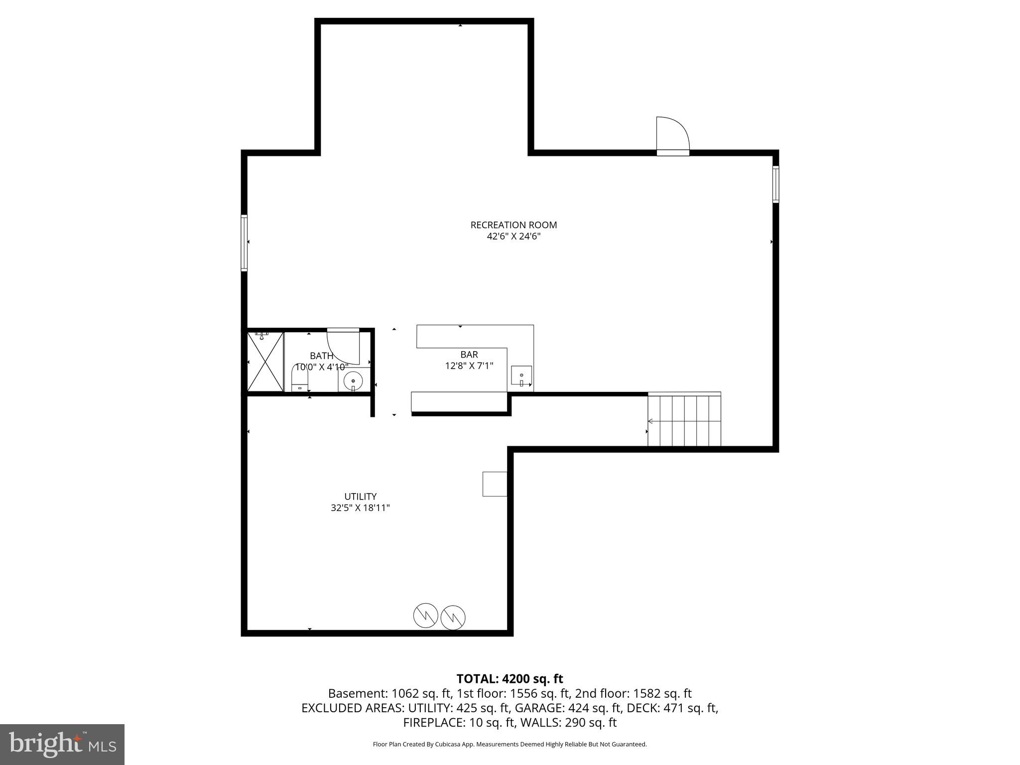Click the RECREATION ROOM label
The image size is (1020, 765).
pyautogui.click(x=513, y=225)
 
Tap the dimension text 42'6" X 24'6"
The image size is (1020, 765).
pyautogui.click(x=513, y=237)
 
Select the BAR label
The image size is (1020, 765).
pyautogui.click(x=469, y=355)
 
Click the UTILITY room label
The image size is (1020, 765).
pyautogui.click(x=360, y=497)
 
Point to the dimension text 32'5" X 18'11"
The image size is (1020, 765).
pyautogui.click(x=360, y=508)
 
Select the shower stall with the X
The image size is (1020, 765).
pyautogui.click(x=265, y=362)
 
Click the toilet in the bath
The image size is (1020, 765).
pyautogui.click(x=300, y=379)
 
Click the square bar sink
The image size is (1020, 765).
pyautogui.click(x=521, y=376)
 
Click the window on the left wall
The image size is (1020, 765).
pyautogui.click(x=244, y=243)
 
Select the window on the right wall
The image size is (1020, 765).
pyautogui.click(x=775, y=184)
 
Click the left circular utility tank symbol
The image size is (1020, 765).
pyautogui.click(x=425, y=616)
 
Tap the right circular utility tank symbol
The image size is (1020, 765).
pyautogui.click(x=453, y=618)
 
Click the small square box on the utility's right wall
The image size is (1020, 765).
pyautogui.click(x=495, y=484)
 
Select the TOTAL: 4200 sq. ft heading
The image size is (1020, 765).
pyautogui.click(x=510, y=679)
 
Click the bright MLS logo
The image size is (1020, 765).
pyautogui.click(x=62, y=745)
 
